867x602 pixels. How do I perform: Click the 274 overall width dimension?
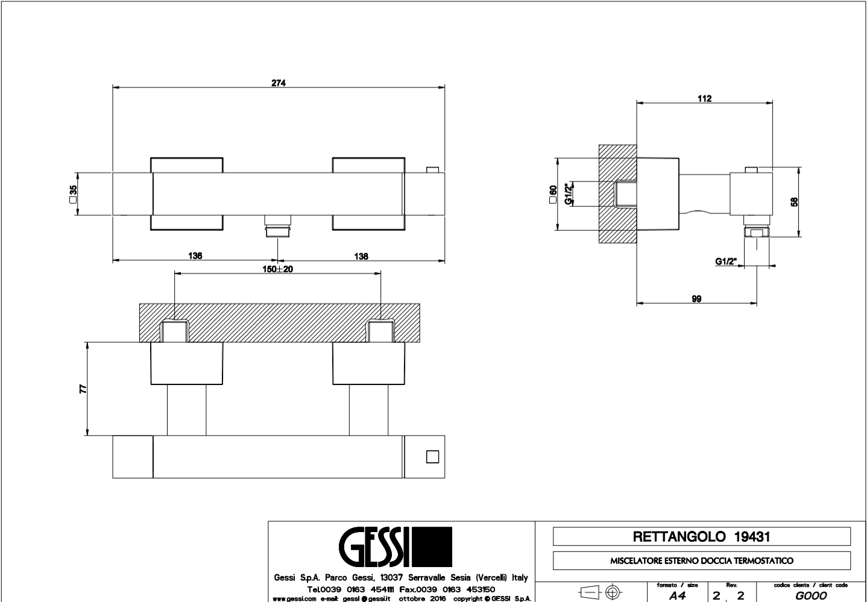pos(279,83)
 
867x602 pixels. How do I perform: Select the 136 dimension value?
pos(195,256)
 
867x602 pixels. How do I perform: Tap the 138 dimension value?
pos(361,256)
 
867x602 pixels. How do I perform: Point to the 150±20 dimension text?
pos(277,269)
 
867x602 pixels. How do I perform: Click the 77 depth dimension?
pos(83,389)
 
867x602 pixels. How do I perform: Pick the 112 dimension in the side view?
pos(704,99)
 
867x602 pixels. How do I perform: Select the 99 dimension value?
pos(696,299)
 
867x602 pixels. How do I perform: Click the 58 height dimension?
pos(794,202)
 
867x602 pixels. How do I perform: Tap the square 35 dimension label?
pos(73,194)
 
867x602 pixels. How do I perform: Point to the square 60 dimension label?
pos(553,194)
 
